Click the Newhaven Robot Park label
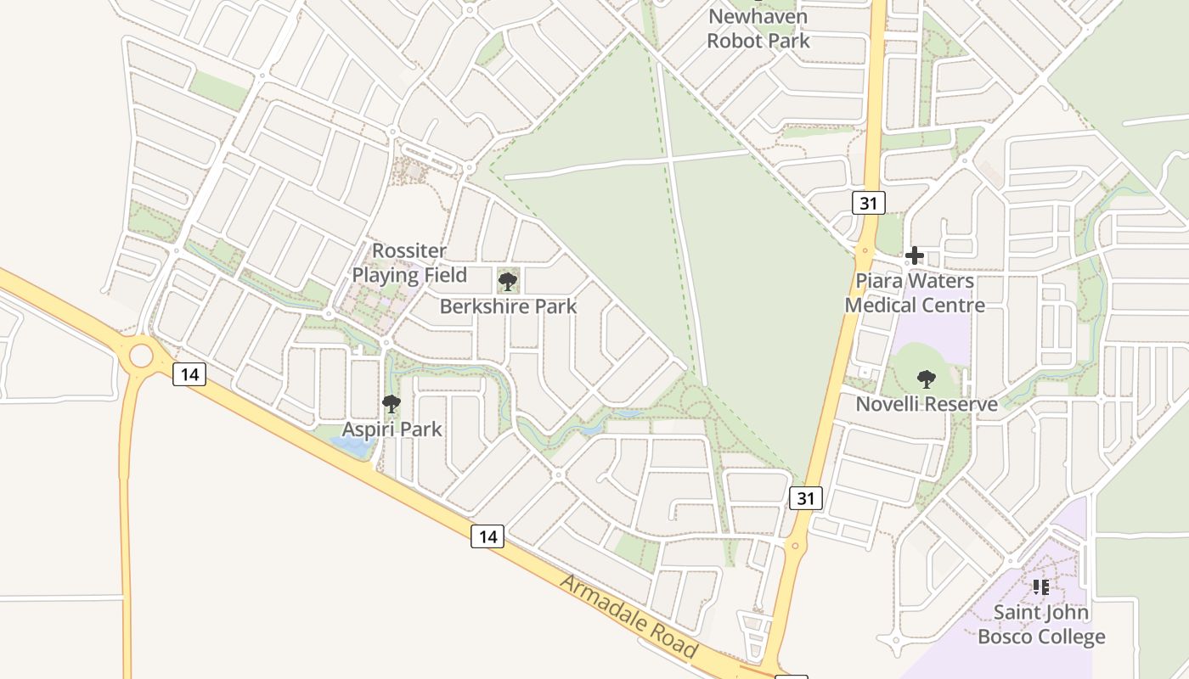pyautogui.click(x=758, y=28)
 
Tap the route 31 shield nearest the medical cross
pyautogui.click(x=869, y=202)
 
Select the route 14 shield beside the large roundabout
pyautogui.click(x=189, y=373)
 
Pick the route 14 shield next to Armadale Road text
pyautogui.click(x=487, y=536)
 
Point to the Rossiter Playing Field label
pyautogui.click(x=409, y=263)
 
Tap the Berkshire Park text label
pyautogui.click(x=508, y=306)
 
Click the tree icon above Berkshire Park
pyautogui.click(x=508, y=281)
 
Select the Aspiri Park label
pyautogui.click(x=392, y=429)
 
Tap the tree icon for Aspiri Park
pyautogui.click(x=391, y=404)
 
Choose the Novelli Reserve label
pyautogui.click(x=926, y=404)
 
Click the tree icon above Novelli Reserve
pyautogui.click(x=926, y=379)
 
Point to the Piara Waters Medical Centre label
pyautogui.click(x=915, y=293)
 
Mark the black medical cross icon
pyautogui.click(x=915, y=255)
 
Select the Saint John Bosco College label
pyautogui.click(x=1041, y=624)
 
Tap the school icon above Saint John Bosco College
pyautogui.click(x=1041, y=586)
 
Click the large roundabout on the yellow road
pyautogui.click(x=140, y=355)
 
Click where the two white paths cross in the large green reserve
pyautogui.click(x=671, y=158)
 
